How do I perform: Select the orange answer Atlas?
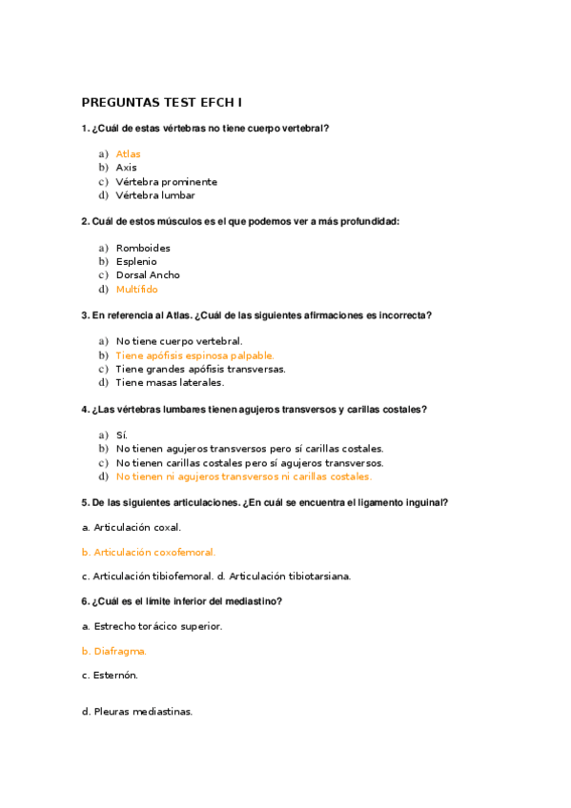128,154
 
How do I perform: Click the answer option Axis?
126,168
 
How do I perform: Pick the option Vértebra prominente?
166,182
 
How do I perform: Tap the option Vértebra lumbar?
155,195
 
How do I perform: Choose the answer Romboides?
143,248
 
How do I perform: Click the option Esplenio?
136,261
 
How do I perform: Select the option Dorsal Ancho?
148,275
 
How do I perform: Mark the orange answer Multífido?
136,289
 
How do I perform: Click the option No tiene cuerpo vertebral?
179,341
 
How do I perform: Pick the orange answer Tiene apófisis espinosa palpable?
194,355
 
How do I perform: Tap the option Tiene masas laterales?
170,382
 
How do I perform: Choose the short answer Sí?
121,434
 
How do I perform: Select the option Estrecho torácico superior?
157,626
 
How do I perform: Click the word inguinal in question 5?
426,502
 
